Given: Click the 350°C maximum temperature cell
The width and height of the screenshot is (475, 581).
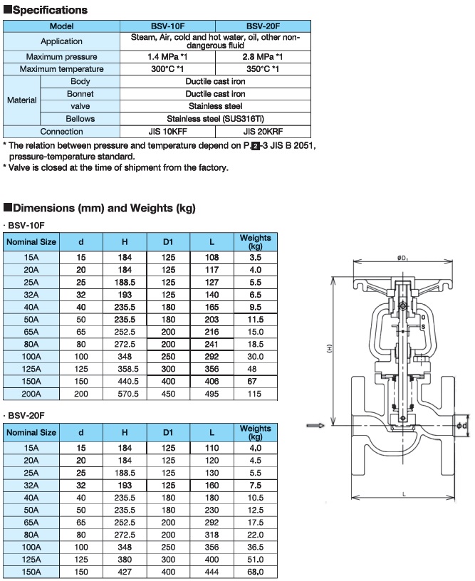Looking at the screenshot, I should tap(263, 69).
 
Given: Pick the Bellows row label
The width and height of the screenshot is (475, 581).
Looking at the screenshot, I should tap(80, 118).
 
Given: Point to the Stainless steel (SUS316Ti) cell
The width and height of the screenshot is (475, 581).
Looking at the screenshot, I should tap(215, 118).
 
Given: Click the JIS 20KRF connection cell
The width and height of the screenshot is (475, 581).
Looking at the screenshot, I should tap(263, 131).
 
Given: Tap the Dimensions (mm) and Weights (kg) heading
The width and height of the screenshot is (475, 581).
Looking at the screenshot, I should tap(99, 208).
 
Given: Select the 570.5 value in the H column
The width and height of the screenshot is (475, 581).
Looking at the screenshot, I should tap(125, 394).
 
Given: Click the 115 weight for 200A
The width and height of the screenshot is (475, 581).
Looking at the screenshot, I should tap(255, 394).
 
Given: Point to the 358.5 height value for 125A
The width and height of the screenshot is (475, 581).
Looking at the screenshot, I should tap(125, 369).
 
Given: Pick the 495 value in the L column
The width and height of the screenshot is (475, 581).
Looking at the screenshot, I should tap(212, 394).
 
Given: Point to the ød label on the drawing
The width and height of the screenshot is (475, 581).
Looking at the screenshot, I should tap(462, 426).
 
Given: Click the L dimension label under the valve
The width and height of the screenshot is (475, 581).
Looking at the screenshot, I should tap(404, 513).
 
